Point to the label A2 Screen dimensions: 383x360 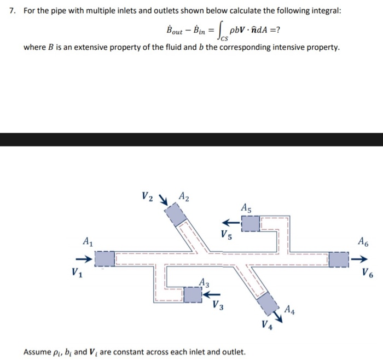(x=184, y=196)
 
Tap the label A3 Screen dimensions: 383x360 (x=204, y=282)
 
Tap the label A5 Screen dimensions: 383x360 (x=246, y=207)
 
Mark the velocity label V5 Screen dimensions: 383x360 (x=226, y=236)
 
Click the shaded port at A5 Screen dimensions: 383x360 (x=251, y=223)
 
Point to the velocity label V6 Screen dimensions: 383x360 (x=367, y=271)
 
